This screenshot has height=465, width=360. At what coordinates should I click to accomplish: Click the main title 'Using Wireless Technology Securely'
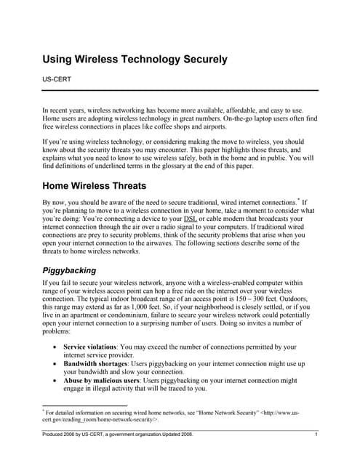pyautogui.click(x=135, y=58)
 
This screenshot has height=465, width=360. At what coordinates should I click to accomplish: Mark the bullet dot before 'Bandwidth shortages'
pyautogui.click(x=56, y=363)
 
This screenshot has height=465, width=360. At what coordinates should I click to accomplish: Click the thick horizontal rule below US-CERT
pyautogui.click(x=180, y=90)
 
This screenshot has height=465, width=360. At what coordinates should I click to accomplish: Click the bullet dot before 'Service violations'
pyautogui.click(x=56, y=347)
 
